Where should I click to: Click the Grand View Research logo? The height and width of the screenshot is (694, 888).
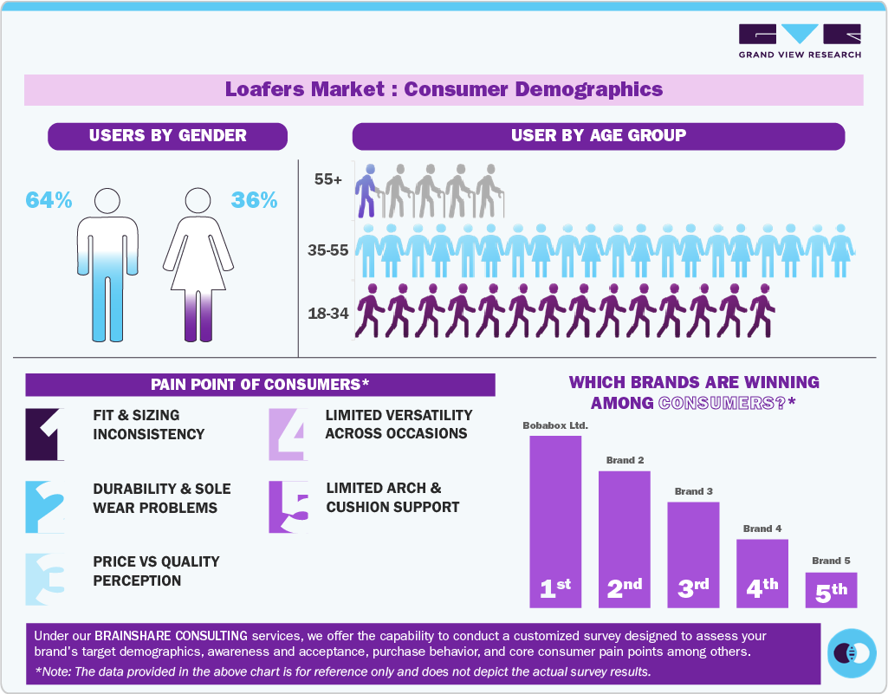point(799,41)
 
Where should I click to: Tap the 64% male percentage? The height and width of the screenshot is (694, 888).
point(49,200)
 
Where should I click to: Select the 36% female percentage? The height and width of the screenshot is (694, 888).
point(254,200)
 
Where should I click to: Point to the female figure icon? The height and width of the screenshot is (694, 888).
point(201,264)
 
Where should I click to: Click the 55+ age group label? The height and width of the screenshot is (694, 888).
point(329,180)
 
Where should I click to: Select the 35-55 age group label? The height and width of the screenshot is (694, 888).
point(327,250)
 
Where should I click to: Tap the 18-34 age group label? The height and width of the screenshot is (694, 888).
point(327,313)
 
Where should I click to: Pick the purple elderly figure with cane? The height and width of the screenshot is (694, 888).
point(368,190)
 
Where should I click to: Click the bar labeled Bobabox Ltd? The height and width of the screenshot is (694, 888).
point(555,520)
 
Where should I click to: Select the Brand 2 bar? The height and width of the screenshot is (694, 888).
point(624,538)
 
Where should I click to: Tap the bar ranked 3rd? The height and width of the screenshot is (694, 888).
point(693,554)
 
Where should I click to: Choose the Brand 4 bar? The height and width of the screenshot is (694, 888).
point(762,573)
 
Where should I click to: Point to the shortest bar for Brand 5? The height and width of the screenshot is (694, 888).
point(831,589)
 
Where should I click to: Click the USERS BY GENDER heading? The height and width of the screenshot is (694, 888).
point(167,136)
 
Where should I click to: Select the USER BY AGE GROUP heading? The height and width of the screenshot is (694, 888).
point(598,136)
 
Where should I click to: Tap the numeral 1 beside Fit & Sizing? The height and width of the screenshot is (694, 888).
point(45,433)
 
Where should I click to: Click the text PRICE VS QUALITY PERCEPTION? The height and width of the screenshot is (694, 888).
point(156,571)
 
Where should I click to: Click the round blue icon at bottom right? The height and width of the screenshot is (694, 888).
point(852,653)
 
